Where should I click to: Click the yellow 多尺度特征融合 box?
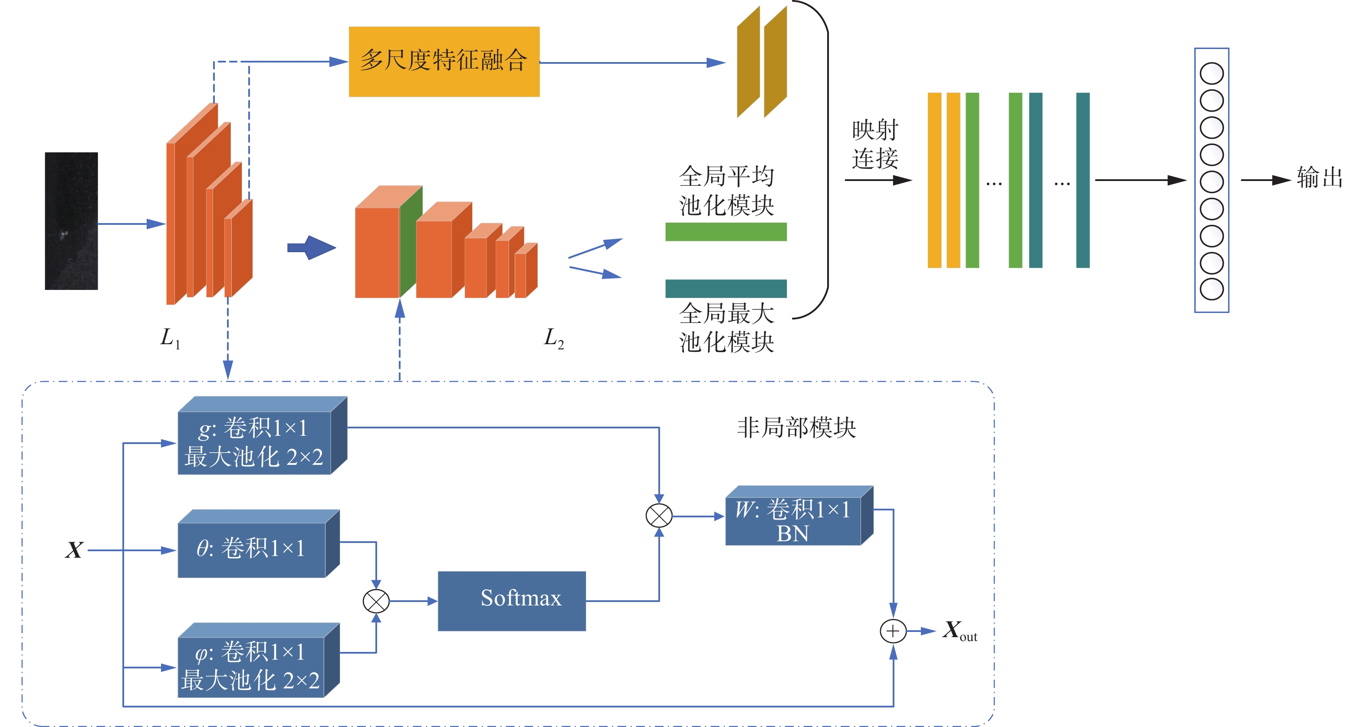pos(444,62)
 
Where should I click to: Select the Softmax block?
pos(512,601)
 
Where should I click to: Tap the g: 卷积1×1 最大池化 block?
pos(255,442)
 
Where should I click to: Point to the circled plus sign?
pos(893,631)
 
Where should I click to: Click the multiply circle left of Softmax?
pos(376,601)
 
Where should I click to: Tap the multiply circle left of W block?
pos(659,516)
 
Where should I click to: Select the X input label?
pos(74,550)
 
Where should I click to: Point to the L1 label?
pos(170,338)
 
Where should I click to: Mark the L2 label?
pos(553,338)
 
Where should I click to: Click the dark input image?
pos(71,221)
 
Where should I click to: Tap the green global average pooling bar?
pos(726,232)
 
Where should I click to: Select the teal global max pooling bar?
pos(726,288)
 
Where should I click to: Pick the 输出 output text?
pos(1319,178)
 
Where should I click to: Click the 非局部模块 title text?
pos(796,428)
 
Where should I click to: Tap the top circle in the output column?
pos(1212,73)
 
